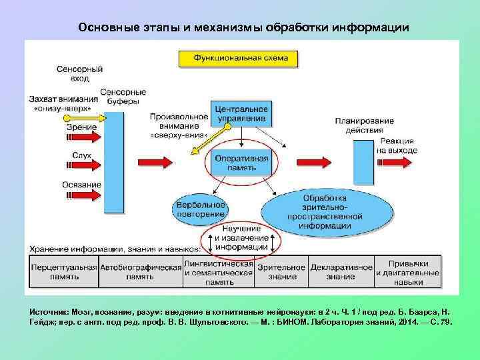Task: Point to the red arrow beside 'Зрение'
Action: [83, 137]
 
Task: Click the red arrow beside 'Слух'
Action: [83, 164]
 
